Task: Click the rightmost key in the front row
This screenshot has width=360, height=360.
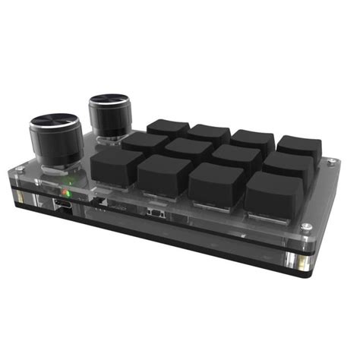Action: point(274,194)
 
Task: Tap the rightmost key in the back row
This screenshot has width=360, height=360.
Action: point(298,148)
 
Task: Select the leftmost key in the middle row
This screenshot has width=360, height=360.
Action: point(144,143)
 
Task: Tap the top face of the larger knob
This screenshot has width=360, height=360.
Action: point(55,122)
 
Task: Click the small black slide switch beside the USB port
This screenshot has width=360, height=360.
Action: point(156,213)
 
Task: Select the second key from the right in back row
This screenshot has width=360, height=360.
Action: point(253,141)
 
